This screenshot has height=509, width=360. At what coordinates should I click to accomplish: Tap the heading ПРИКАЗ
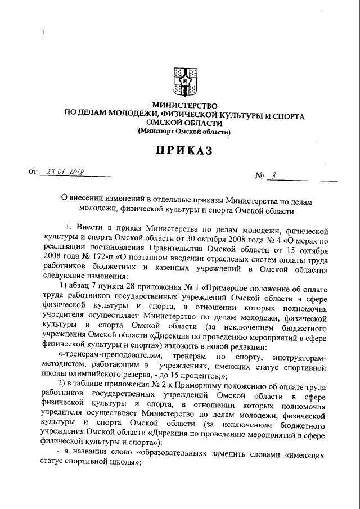tap(184, 150)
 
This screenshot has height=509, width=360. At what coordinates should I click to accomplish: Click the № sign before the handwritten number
tap(259, 176)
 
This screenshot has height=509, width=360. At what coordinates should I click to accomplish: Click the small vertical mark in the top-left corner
tap(43, 35)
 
